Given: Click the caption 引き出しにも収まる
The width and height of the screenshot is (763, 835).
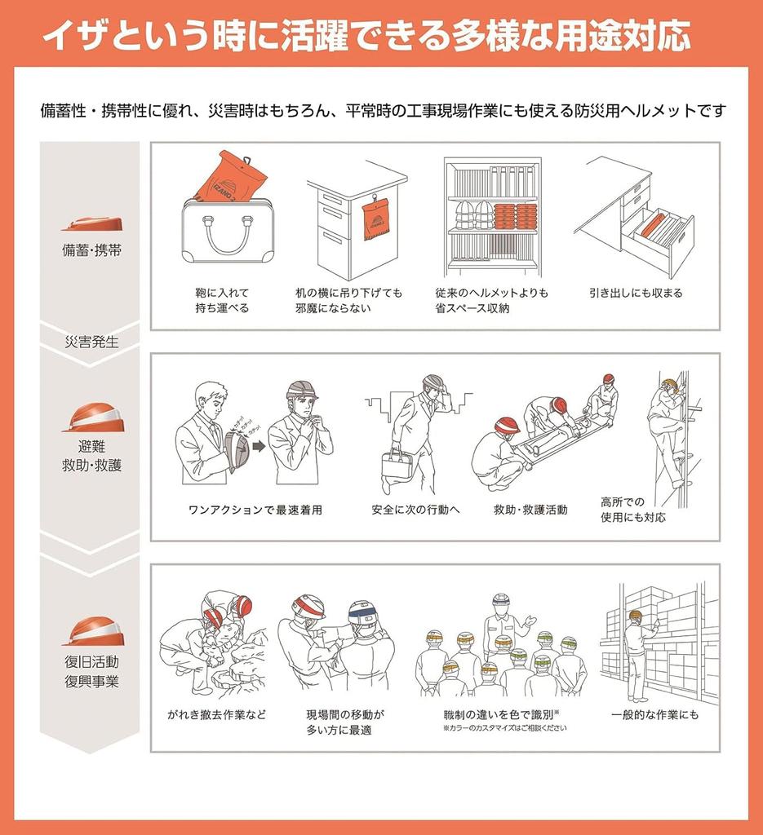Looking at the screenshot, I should (635, 293).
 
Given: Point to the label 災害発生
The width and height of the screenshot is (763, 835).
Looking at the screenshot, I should (91, 342).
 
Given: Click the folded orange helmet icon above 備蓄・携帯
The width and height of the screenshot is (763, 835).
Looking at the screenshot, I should (91, 223).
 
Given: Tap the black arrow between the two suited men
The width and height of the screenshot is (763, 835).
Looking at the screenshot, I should (258, 446).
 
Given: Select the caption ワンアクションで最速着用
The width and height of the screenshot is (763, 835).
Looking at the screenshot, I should (255, 510).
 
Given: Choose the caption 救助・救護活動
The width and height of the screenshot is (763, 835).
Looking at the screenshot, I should (530, 510).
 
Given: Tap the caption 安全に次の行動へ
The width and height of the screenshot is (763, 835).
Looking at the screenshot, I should (415, 510).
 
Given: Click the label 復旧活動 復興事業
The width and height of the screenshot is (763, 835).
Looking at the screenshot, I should (91, 671).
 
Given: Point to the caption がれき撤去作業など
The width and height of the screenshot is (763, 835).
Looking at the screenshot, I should (216, 714).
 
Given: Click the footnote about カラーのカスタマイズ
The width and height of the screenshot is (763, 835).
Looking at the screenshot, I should (503, 728).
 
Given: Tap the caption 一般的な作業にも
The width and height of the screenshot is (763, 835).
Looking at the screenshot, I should (654, 714).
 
